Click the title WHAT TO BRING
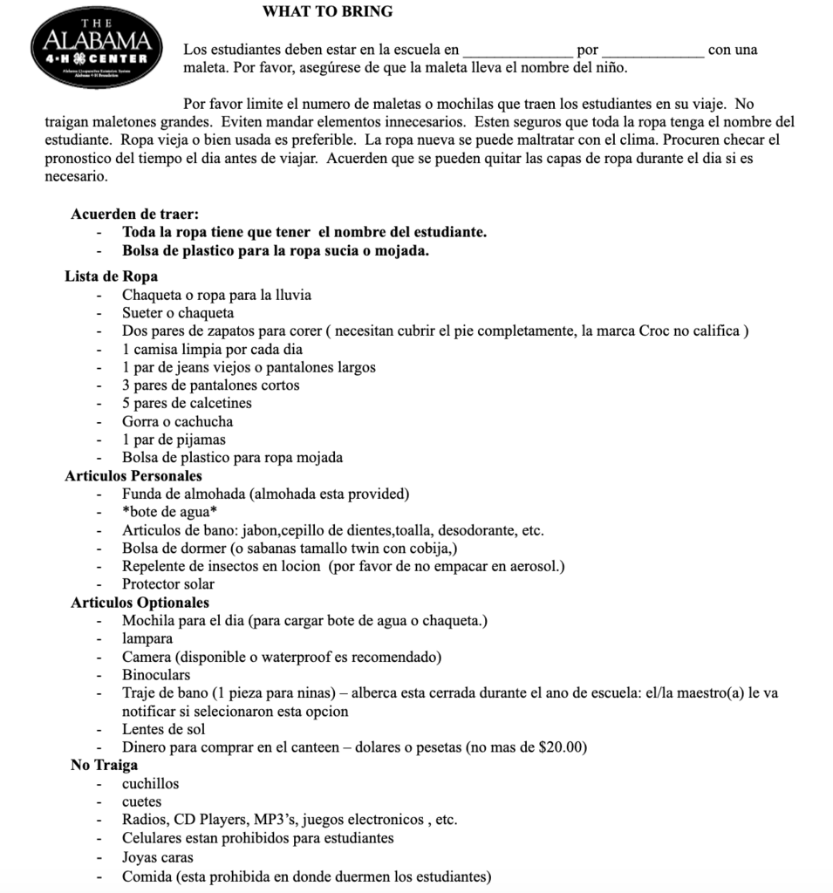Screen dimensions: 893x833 click(x=327, y=11)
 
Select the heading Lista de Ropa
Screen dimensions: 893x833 click(x=111, y=276)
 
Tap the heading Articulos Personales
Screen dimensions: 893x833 click(x=133, y=476)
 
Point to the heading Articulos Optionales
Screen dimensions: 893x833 click(x=140, y=603)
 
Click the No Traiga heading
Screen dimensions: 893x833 click(x=104, y=766)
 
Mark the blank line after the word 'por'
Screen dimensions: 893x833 click(x=652, y=51)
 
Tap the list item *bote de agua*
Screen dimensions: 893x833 click(x=170, y=512)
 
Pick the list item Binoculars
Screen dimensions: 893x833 click(x=156, y=675)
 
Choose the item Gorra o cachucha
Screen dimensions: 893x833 click(x=177, y=421)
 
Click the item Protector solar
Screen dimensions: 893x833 click(x=168, y=584)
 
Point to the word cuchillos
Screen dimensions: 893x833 click(x=151, y=784)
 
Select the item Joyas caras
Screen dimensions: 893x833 click(x=158, y=857)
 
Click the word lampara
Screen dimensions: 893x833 click(x=147, y=638)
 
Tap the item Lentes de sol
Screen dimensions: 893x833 click(x=164, y=729)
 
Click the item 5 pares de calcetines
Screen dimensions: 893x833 click(x=187, y=403)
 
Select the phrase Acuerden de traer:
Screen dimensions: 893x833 click(x=136, y=215)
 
